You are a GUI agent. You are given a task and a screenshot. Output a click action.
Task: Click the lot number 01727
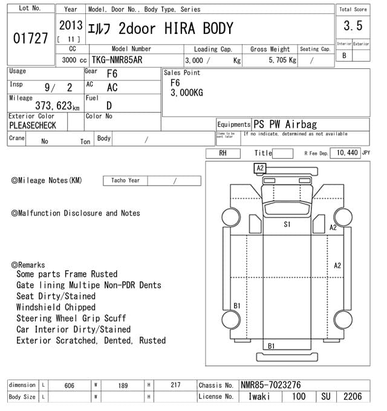31,38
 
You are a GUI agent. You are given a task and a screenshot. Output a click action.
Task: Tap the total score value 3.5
353,25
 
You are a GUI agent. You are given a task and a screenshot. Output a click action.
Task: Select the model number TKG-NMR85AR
117,60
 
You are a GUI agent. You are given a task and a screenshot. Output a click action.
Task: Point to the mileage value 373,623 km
57,106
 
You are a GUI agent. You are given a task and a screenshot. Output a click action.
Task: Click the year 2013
71,25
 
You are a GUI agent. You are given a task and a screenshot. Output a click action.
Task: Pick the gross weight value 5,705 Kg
282,60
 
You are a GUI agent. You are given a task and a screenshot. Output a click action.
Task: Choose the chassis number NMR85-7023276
270,385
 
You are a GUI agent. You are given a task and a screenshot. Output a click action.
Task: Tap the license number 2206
353,396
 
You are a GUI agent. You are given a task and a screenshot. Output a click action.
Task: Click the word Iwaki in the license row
259,396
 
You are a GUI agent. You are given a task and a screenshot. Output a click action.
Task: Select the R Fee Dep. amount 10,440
347,152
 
